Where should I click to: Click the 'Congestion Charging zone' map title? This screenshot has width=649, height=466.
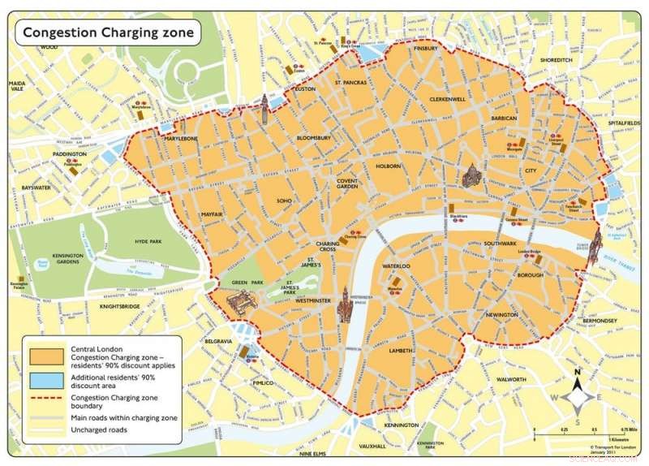(x=108, y=32)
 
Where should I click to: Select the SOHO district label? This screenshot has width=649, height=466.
(x=284, y=201)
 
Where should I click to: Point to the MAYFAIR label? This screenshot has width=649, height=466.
(x=213, y=214)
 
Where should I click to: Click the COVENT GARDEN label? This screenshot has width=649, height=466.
(x=347, y=183)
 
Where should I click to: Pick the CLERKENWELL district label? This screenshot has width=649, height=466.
(x=448, y=99)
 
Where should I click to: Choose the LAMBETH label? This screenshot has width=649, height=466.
(x=401, y=351)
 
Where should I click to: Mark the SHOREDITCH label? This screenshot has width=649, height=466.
(x=556, y=60)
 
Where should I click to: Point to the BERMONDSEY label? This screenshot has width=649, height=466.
(x=600, y=321)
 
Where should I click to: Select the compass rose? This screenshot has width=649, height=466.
(x=577, y=397)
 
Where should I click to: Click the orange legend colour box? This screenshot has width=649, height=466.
(x=41, y=356)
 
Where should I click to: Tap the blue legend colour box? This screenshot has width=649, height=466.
(x=41, y=380)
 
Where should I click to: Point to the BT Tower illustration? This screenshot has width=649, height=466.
(x=264, y=108)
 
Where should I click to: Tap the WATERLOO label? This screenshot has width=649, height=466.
(x=396, y=266)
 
